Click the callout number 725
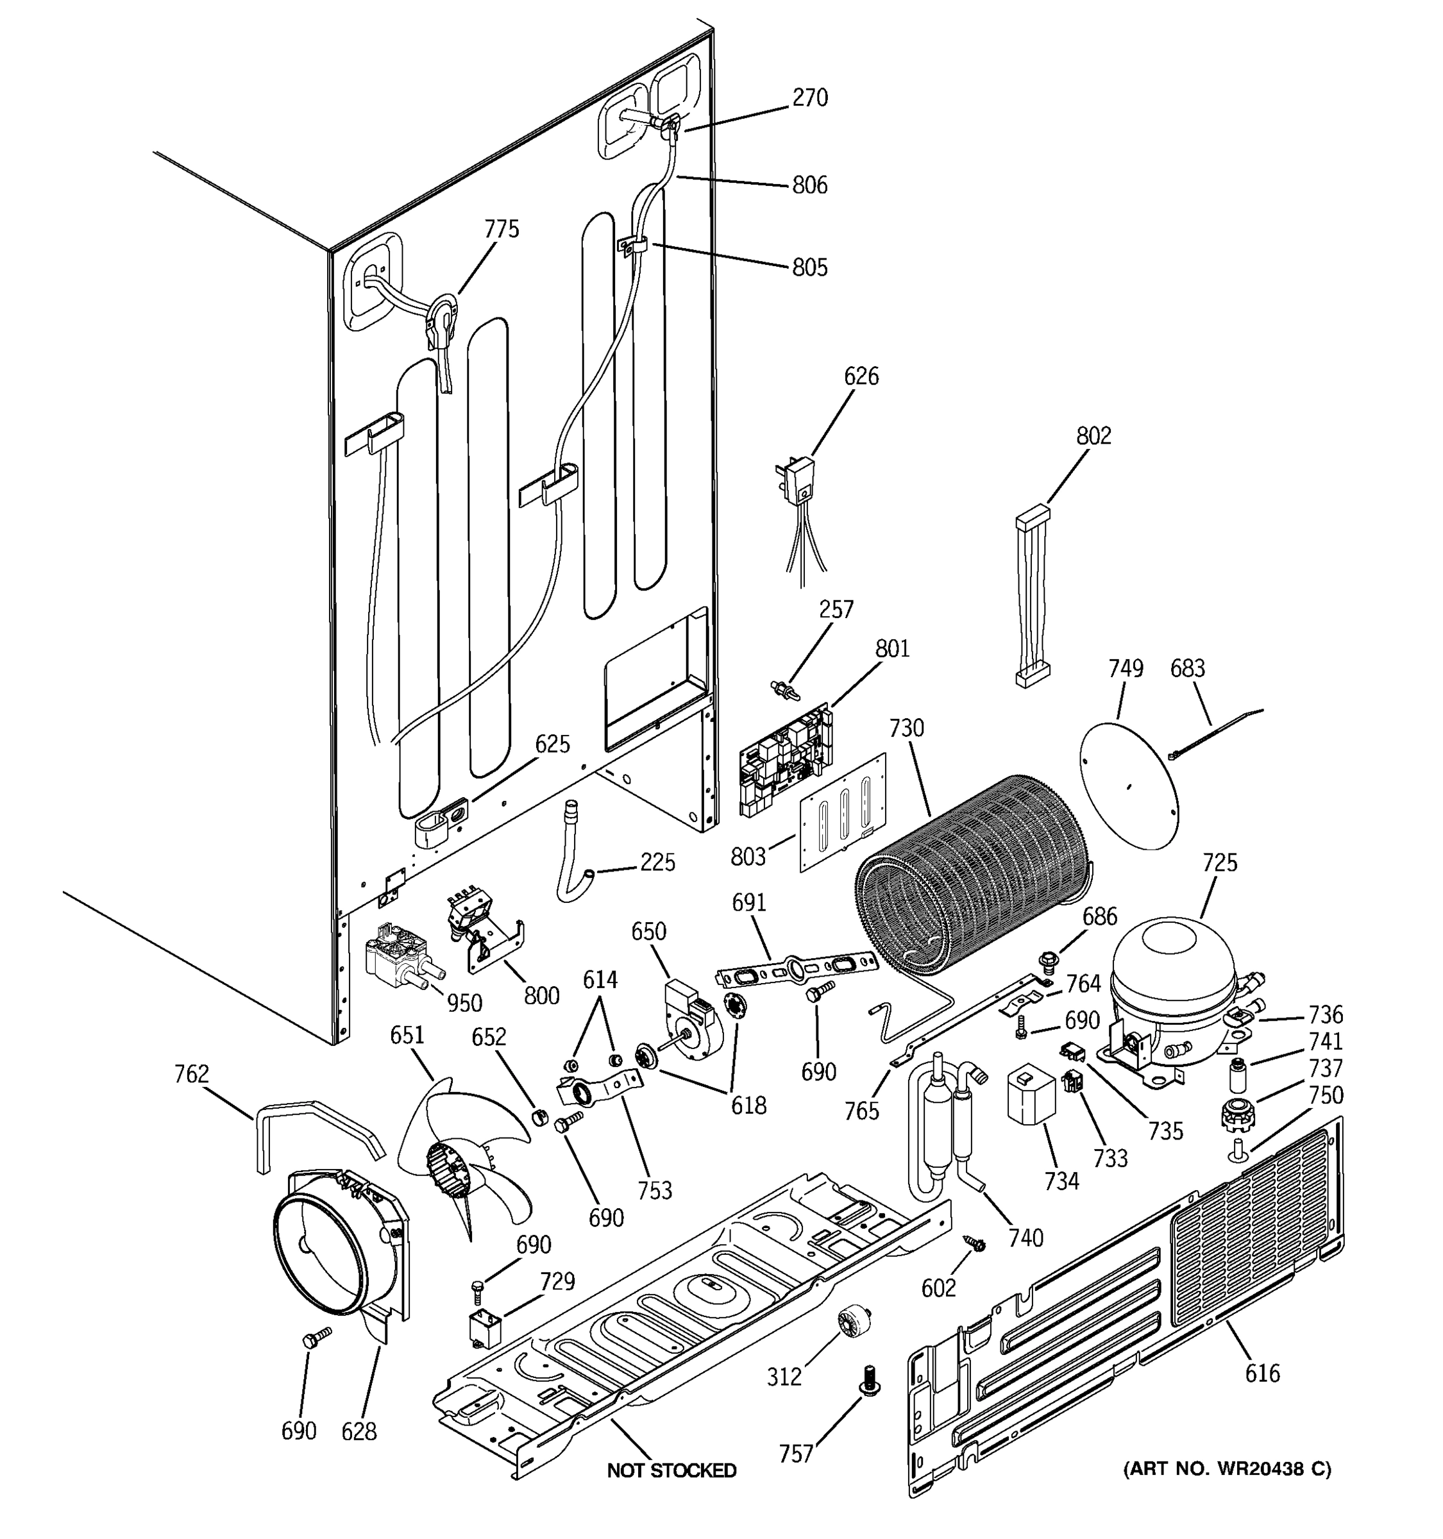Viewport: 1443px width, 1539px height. point(1220,862)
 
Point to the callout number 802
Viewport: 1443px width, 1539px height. point(1093,437)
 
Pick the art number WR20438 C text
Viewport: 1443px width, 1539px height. point(1227,1468)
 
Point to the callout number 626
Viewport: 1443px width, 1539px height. point(861,376)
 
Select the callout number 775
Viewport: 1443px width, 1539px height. point(502,229)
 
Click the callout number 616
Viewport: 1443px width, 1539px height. point(1263,1374)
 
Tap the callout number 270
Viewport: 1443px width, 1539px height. point(810,97)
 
